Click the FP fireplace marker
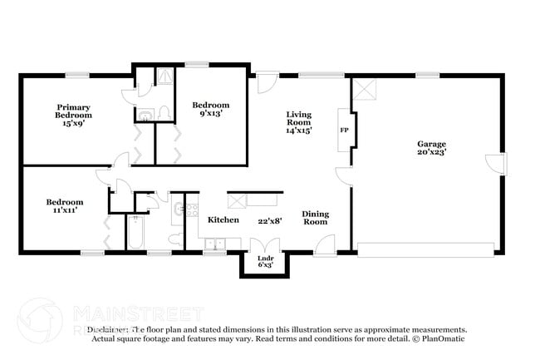coord(343,131)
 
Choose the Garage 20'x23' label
coord(431,149)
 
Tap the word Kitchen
coord(223,219)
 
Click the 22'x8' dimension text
coord(268,219)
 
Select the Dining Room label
coord(315,218)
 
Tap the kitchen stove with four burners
coord(191,211)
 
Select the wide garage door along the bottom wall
coord(425,247)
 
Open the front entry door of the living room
coord(266,83)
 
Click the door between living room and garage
coord(343,175)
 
